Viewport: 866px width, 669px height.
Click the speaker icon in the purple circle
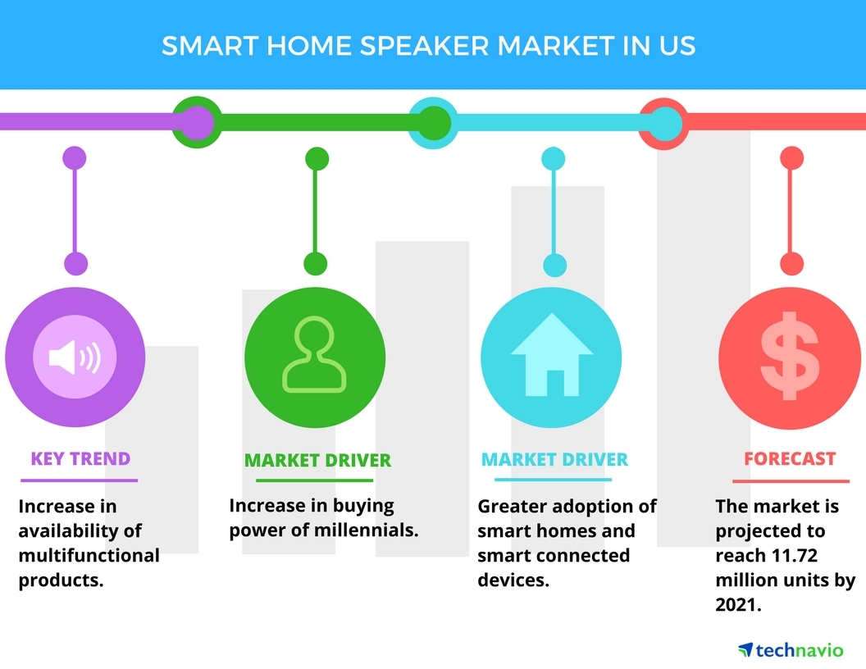tap(75, 357)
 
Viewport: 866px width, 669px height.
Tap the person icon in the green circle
tap(314, 354)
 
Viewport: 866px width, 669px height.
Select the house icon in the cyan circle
tap(552, 354)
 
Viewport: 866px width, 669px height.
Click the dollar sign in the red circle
tap(790, 356)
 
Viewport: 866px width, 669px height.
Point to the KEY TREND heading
tap(80, 458)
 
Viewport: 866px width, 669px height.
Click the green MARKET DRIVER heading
tap(317, 461)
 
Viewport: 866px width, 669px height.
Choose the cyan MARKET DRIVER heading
tap(554, 459)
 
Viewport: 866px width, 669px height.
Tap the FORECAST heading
tap(790, 458)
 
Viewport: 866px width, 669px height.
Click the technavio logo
tap(791, 650)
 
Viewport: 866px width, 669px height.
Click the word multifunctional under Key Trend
tap(89, 555)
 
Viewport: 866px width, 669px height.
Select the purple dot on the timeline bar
tap(197, 122)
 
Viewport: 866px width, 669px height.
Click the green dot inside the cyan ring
tap(434, 122)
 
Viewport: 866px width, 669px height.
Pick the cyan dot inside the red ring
tap(664, 123)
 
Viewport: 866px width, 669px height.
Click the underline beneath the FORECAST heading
tap(791, 481)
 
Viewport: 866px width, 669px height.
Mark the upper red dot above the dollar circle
tap(791, 158)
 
